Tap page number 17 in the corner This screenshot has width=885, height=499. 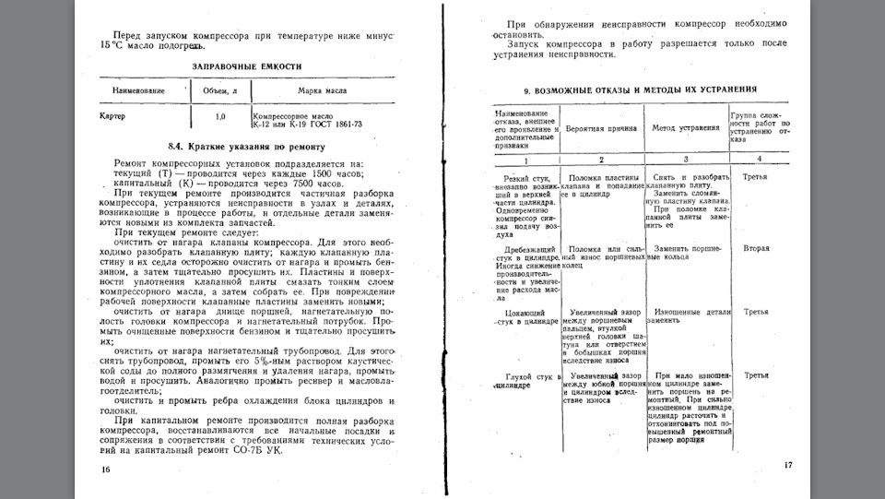coord(787,464)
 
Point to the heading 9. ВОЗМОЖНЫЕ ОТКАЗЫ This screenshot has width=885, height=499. coord(641,90)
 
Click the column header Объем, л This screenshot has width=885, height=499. coord(214,91)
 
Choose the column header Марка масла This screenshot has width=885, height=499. coord(322,91)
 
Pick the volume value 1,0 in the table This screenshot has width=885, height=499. coord(220,117)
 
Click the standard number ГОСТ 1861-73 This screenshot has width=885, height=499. coord(332,124)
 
